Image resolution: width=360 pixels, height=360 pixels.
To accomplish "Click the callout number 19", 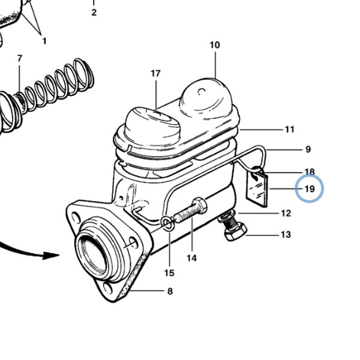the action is [x=310, y=189].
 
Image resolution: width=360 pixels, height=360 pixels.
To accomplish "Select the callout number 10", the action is [x=215, y=45].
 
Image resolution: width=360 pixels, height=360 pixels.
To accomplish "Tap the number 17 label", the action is [x=155, y=73].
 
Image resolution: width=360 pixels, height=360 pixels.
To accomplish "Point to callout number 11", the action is [x=290, y=130].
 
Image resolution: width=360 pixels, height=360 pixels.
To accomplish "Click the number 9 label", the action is [x=308, y=149].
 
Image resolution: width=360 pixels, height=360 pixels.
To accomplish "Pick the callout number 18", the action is [x=310, y=172].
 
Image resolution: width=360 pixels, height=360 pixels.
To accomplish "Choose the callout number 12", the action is [x=286, y=213].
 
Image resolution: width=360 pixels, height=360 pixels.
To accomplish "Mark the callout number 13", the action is [x=286, y=235].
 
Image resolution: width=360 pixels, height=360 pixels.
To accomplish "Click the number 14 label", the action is [x=192, y=258].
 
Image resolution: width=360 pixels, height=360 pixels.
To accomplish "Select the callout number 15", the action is [x=169, y=273].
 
